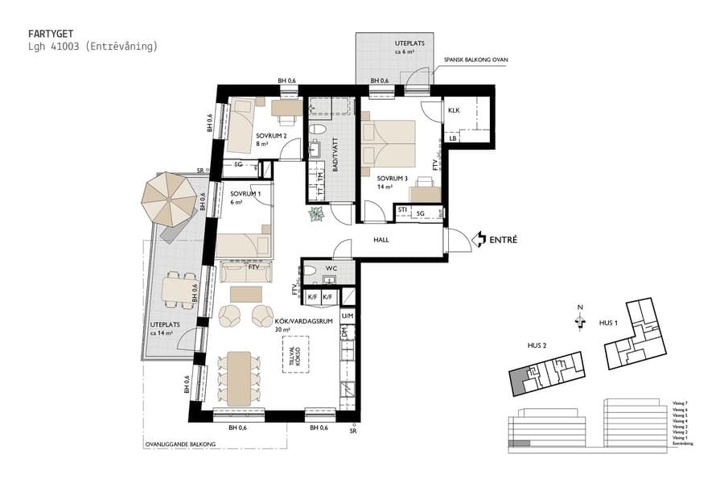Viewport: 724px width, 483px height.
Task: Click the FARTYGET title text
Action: (x=51, y=35)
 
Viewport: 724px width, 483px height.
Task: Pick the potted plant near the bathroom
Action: (x=316, y=213)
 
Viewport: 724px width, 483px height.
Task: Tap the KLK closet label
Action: (x=454, y=110)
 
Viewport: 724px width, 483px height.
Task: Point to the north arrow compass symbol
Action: (x=579, y=320)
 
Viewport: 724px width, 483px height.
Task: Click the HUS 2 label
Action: (x=537, y=346)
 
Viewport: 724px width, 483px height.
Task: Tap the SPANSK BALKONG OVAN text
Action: (x=476, y=60)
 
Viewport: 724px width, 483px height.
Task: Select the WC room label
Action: (x=330, y=269)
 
